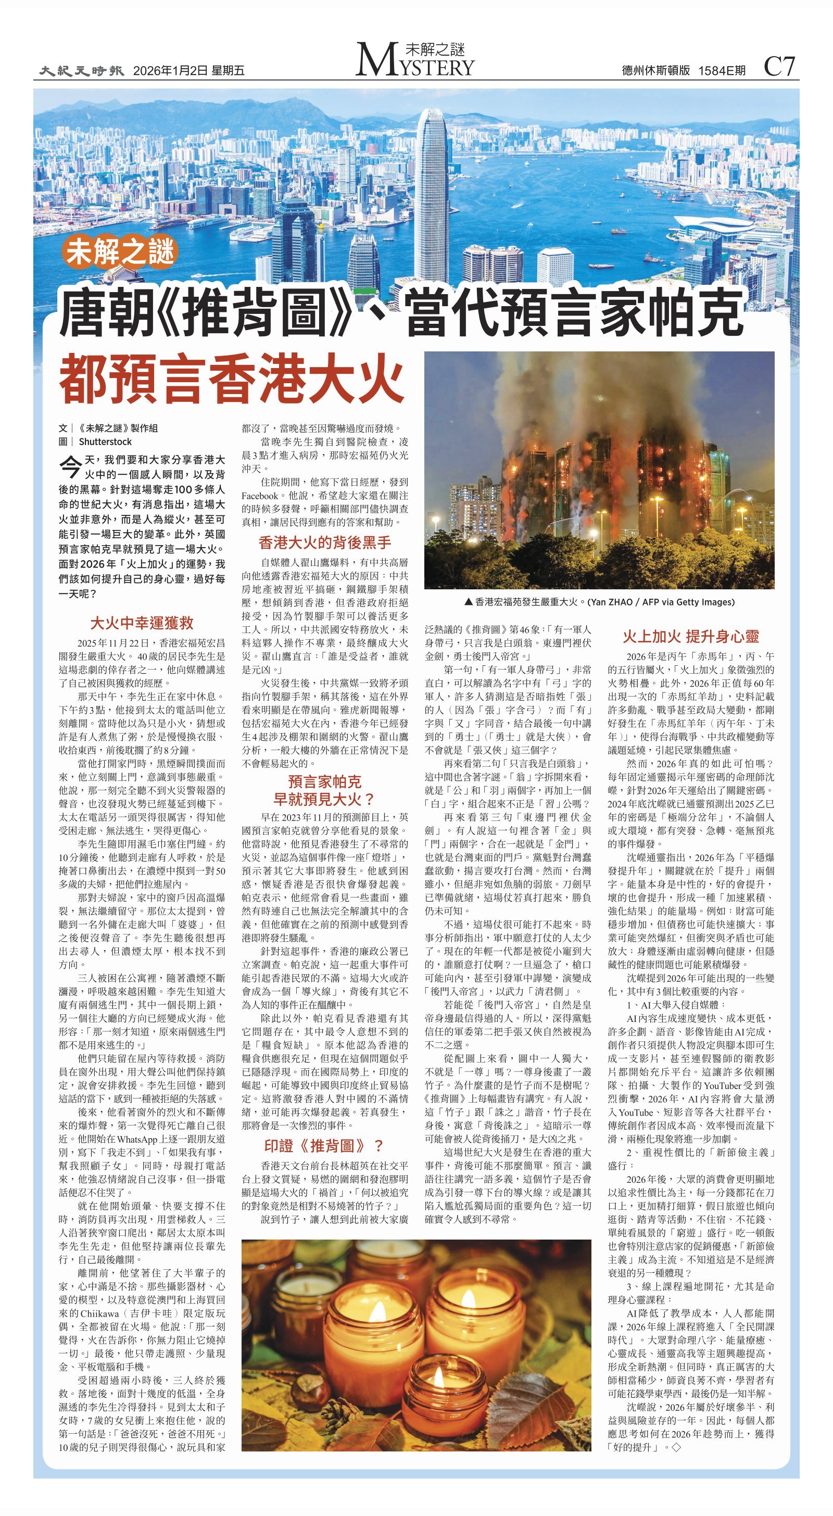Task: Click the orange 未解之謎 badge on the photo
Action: [x=120, y=252]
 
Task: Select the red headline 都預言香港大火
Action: [x=231, y=376]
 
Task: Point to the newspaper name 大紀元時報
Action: [x=82, y=71]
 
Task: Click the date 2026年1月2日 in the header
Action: [x=170, y=71]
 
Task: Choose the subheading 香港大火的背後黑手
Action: [x=324, y=542]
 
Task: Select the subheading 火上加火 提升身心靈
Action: [x=690, y=636]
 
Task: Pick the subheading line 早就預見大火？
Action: [x=324, y=799]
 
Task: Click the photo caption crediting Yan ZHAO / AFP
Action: [x=599, y=602]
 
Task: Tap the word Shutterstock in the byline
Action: [x=105, y=442]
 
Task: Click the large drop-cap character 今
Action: [x=70, y=466]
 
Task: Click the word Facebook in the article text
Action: [x=260, y=496]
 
